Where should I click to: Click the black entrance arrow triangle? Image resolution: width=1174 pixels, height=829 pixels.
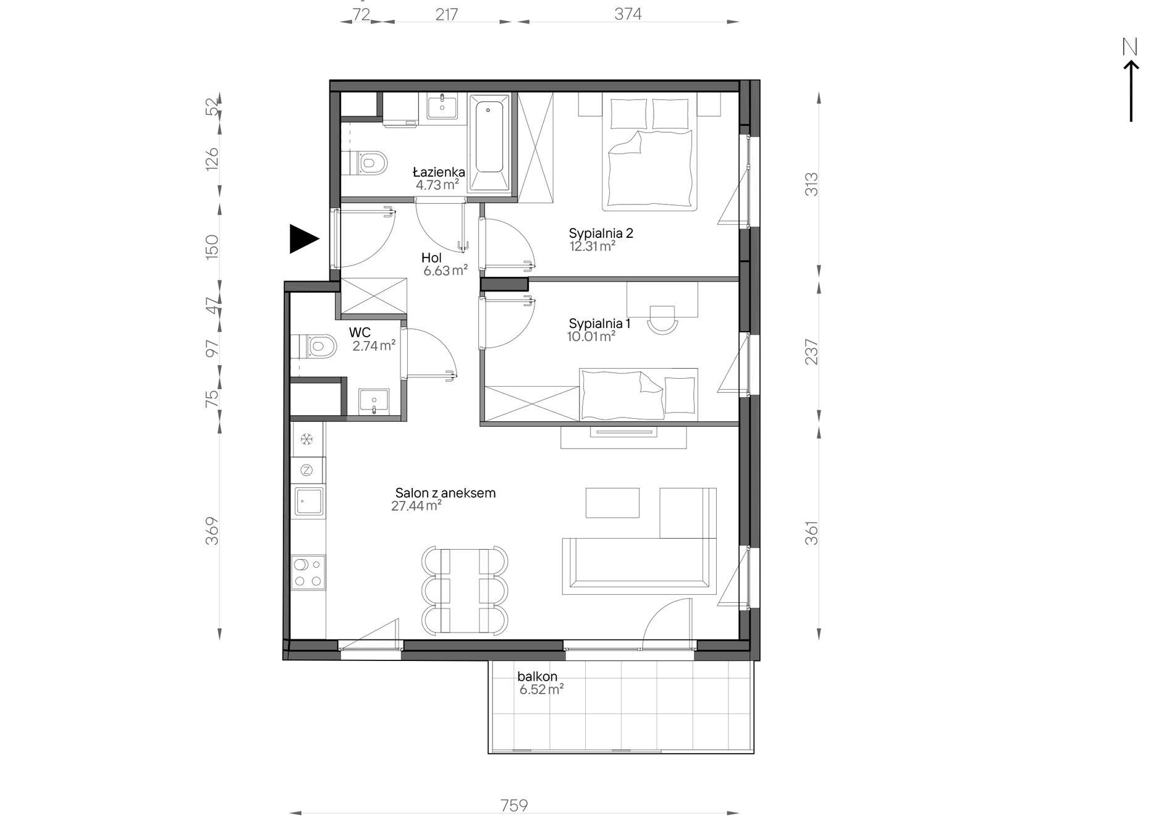tap(303, 238)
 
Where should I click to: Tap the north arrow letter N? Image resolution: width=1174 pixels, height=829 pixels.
tap(1130, 48)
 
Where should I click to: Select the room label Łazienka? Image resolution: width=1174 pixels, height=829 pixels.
tap(439, 172)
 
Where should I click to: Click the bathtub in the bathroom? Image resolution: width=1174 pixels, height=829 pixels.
tap(489, 143)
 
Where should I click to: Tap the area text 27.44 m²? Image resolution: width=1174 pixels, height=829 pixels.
tap(416, 507)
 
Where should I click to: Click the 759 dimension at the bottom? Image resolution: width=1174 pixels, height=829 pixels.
tap(514, 806)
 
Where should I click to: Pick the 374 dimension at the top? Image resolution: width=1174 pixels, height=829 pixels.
tap(628, 14)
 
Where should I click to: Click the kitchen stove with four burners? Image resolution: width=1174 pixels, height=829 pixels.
tap(308, 572)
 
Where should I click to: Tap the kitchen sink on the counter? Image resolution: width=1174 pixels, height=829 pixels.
tap(309, 501)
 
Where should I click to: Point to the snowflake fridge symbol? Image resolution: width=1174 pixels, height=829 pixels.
tap(306, 440)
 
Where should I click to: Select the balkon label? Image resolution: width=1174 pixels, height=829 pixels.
tap(538, 676)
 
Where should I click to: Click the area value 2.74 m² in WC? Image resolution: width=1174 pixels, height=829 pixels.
tap(374, 346)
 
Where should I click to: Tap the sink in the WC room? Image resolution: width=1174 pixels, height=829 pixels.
tap(374, 402)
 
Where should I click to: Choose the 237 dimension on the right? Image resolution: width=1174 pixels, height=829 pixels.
tap(811, 351)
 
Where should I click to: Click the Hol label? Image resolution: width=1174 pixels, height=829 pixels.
tap(432, 258)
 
